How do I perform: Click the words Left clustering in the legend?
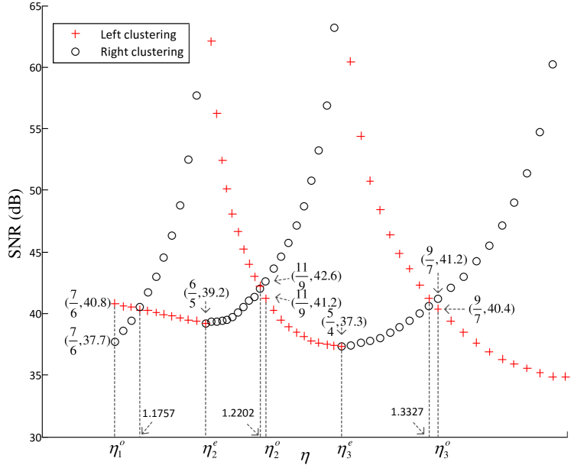click(138, 34)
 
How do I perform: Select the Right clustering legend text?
click(142, 52)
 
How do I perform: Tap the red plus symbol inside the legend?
click(75, 34)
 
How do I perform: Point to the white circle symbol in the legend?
click(75, 52)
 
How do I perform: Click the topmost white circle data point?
click(553, 65)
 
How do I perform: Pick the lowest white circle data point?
click(451, 288)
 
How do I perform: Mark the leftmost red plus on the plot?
click(115, 303)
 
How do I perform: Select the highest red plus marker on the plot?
click(212, 41)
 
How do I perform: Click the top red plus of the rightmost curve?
click(351, 61)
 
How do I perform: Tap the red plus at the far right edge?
click(566, 376)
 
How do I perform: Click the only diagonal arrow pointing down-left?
click(146, 428)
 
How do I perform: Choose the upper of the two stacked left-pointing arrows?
click(282, 279)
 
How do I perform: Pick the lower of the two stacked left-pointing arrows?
click(282, 298)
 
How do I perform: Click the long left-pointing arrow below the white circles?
click(455, 309)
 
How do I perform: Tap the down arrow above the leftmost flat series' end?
click(206, 307)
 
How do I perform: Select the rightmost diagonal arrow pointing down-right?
click(420, 428)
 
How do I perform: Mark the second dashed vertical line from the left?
click(140, 374)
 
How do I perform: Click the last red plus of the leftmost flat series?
click(205, 323)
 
